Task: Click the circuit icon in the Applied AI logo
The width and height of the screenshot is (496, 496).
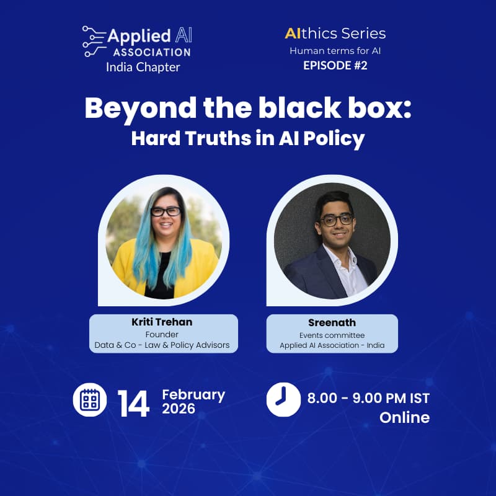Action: [93, 41]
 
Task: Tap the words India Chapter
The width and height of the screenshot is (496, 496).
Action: [143, 67]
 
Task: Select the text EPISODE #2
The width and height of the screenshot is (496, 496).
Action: [335, 65]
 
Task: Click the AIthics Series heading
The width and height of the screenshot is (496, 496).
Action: [335, 33]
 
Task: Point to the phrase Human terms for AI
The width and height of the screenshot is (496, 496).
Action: [335, 50]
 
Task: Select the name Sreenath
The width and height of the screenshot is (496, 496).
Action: [332, 323]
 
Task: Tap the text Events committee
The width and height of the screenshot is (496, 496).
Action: [332, 335]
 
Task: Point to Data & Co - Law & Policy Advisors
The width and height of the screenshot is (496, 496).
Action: [162, 345]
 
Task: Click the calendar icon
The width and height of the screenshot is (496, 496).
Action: [90, 400]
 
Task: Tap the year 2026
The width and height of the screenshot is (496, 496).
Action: [179, 409]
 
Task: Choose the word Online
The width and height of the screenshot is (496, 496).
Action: [404, 417]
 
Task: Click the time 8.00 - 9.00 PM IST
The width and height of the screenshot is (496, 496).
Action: [368, 397]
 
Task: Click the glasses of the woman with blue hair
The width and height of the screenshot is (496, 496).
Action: [165, 211]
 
